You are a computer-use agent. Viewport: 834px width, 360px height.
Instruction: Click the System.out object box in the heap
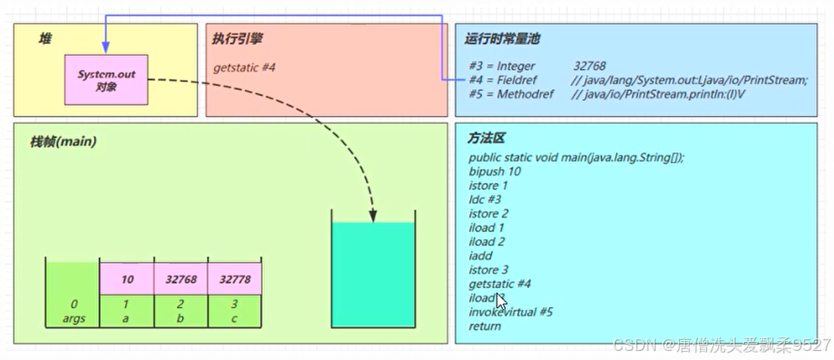click(106, 80)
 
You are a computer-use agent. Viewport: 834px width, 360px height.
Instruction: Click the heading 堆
click(45, 39)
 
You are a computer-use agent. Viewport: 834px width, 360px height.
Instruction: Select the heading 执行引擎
click(237, 39)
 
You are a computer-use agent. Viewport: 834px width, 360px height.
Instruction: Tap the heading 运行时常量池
click(502, 39)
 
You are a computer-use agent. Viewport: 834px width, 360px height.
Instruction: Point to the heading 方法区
click(486, 138)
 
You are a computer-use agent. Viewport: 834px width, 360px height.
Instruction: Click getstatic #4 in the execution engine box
click(244, 67)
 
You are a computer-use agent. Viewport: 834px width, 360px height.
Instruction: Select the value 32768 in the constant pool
click(590, 66)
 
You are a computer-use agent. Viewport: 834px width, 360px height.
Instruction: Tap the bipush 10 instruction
click(494, 172)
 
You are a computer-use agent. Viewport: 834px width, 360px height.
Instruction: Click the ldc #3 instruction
click(485, 200)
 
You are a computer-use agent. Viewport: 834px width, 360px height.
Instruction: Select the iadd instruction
click(481, 256)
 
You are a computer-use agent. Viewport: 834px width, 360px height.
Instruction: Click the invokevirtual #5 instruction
click(510, 312)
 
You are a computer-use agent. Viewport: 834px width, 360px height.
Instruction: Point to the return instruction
click(485, 326)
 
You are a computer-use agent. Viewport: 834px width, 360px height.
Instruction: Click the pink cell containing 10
click(127, 279)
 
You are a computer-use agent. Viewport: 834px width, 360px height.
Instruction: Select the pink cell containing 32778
click(234, 279)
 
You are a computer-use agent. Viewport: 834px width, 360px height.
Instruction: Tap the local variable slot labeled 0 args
click(73, 312)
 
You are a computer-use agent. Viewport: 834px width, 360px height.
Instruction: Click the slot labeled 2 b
click(181, 312)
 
